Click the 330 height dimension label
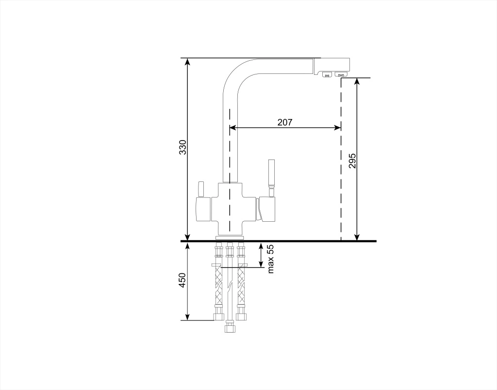(x=183, y=147)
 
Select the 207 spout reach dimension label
(x=285, y=122)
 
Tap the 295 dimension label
(x=352, y=161)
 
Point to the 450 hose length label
(x=183, y=280)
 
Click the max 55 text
(x=270, y=259)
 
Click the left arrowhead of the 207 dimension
(x=232, y=128)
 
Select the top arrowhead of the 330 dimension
(x=187, y=62)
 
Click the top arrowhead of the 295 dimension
(x=357, y=81)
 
